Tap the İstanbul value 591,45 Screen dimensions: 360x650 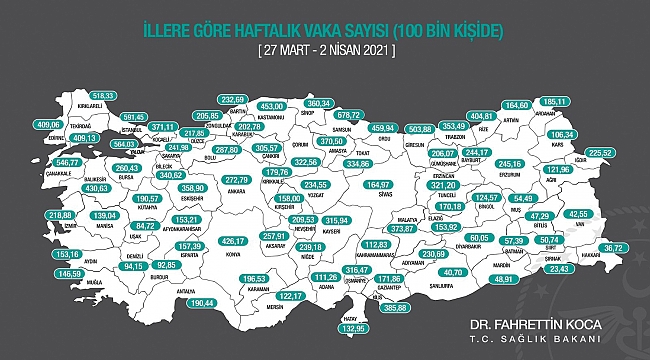(127, 115)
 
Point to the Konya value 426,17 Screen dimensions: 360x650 (232, 240)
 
